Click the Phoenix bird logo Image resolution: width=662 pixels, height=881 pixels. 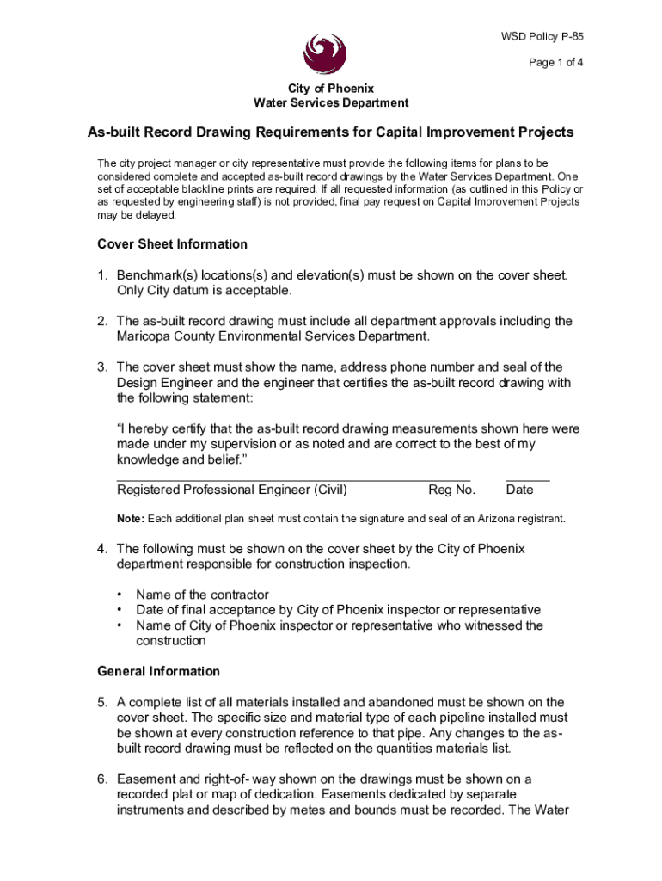point(325,54)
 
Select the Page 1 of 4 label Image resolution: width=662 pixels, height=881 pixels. point(556,63)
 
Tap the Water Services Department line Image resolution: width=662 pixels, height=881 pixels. point(331,103)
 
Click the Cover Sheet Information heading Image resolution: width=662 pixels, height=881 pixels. point(172,244)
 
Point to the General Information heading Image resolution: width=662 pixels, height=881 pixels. point(158,671)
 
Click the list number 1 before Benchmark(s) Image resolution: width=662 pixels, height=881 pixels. point(101,275)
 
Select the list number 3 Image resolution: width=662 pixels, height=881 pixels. point(101,367)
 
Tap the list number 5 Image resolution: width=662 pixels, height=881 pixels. point(101,702)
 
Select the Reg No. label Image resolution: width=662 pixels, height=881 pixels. point(451,490)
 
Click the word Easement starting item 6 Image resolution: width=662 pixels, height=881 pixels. point(147,779)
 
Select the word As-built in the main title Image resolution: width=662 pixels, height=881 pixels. point(115,132)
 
